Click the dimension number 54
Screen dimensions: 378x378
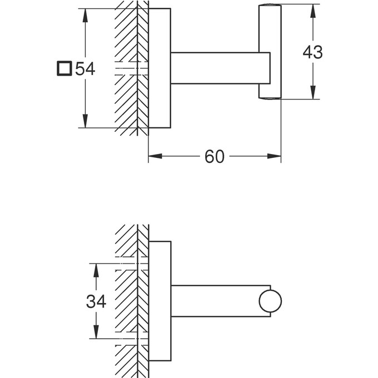click(86, 69)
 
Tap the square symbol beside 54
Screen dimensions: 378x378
click(64, 69)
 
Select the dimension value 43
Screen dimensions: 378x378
click(312, 52)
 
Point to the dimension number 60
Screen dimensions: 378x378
click(214, 157)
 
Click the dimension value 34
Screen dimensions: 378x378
click(96, 301)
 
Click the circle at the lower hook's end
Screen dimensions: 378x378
click(270, 301)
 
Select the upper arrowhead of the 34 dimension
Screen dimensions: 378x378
click(96, 270)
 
